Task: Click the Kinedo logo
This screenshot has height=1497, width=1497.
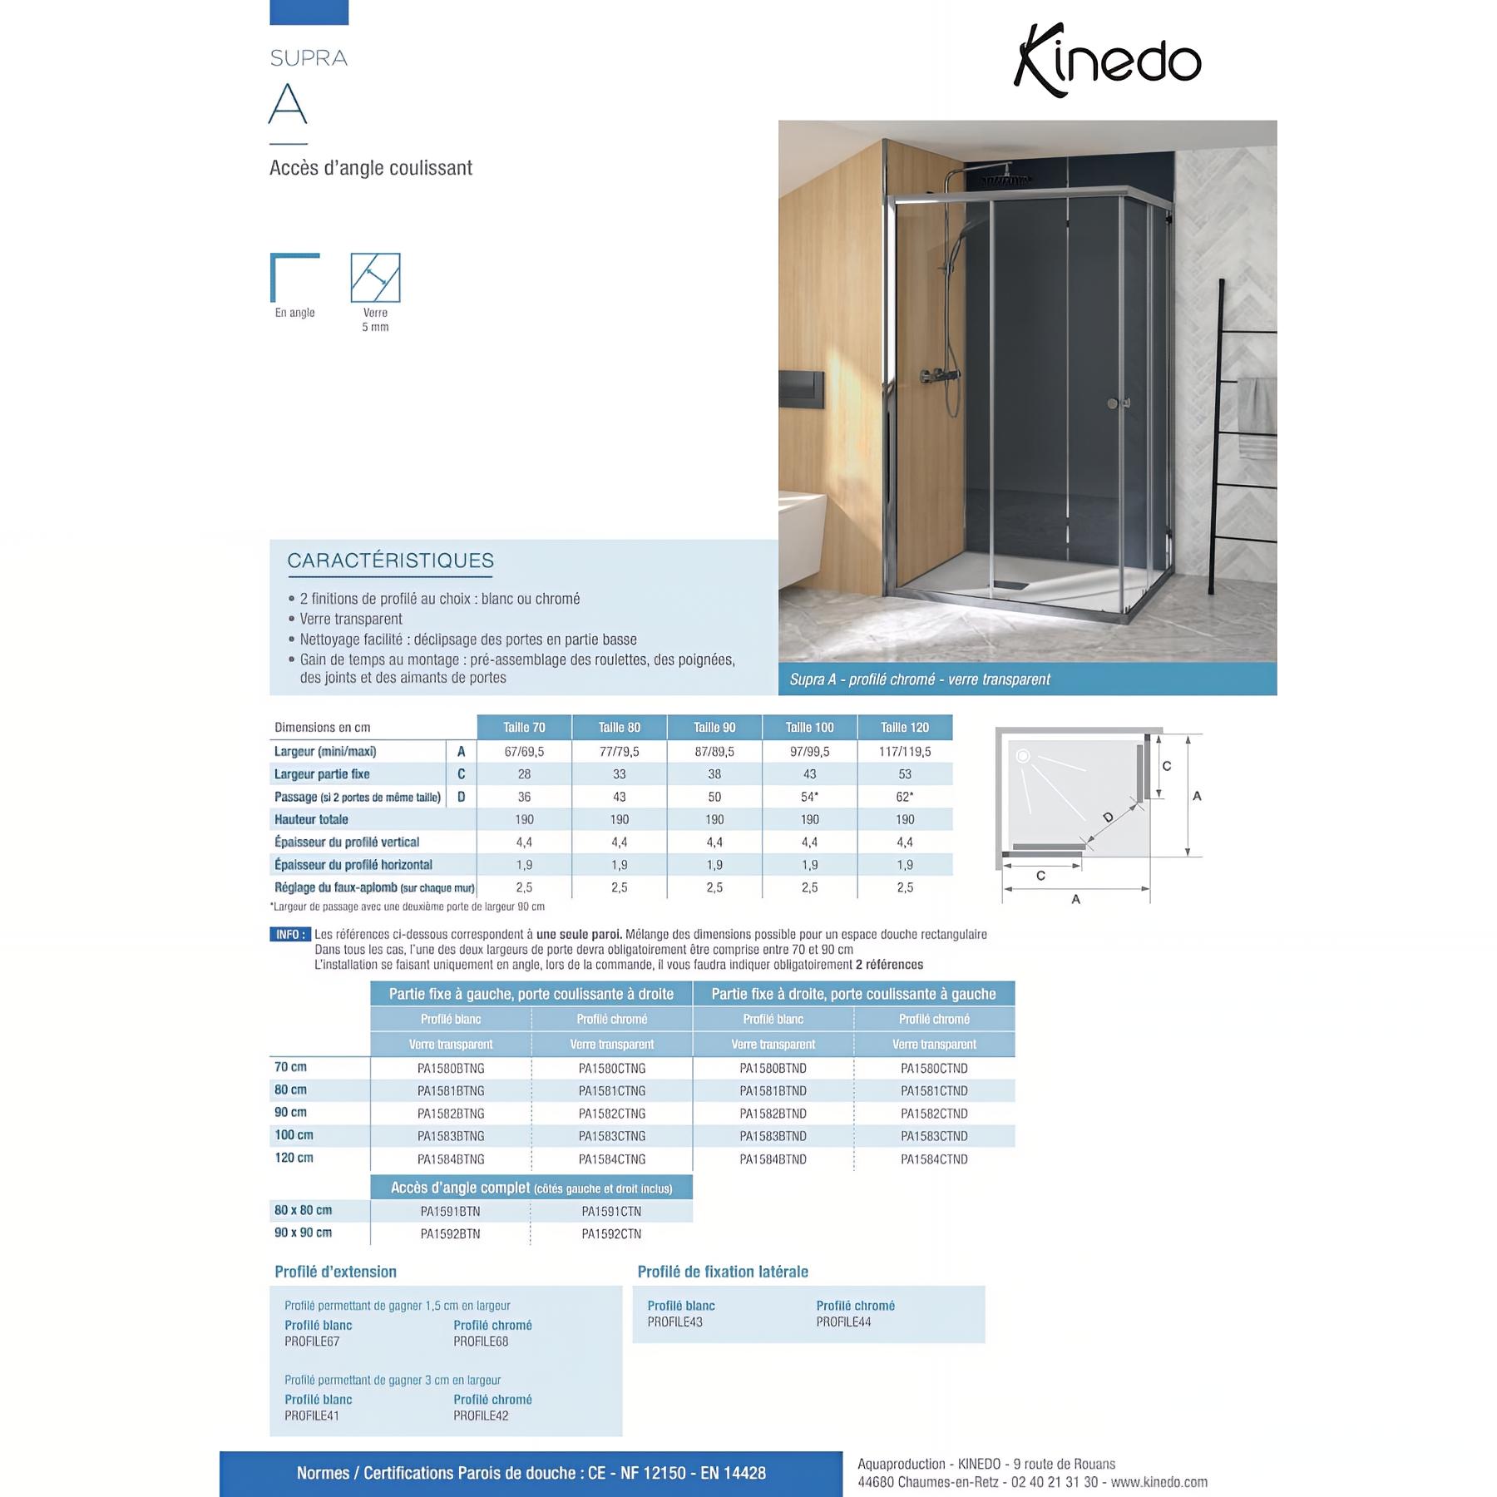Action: [1107, 60]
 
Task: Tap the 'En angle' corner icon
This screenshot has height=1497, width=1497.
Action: [295, 278]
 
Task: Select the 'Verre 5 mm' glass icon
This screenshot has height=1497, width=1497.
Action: [375, 278]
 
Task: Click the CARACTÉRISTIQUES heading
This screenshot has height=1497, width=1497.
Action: [390, 561]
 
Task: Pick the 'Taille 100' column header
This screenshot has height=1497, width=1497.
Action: [809, 727]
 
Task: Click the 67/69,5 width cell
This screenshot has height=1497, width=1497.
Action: [524, 751]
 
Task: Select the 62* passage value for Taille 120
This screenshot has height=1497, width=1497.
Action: [905, 797]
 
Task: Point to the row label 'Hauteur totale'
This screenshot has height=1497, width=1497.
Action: [312, 819]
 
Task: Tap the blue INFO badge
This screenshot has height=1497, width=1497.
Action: [290, 934]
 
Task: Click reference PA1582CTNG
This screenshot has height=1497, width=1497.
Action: [612, 1114]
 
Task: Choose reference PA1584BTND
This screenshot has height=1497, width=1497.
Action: [773, 1159]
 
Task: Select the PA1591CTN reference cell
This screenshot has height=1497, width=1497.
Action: [611, 1211]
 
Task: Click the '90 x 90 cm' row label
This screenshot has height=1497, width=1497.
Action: [304, 1233]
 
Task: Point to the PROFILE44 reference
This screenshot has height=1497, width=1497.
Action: [843, 1322]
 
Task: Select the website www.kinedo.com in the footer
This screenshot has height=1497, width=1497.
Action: [1159, 1482]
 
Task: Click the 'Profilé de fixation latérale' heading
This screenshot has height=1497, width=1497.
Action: [723, 1272]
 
